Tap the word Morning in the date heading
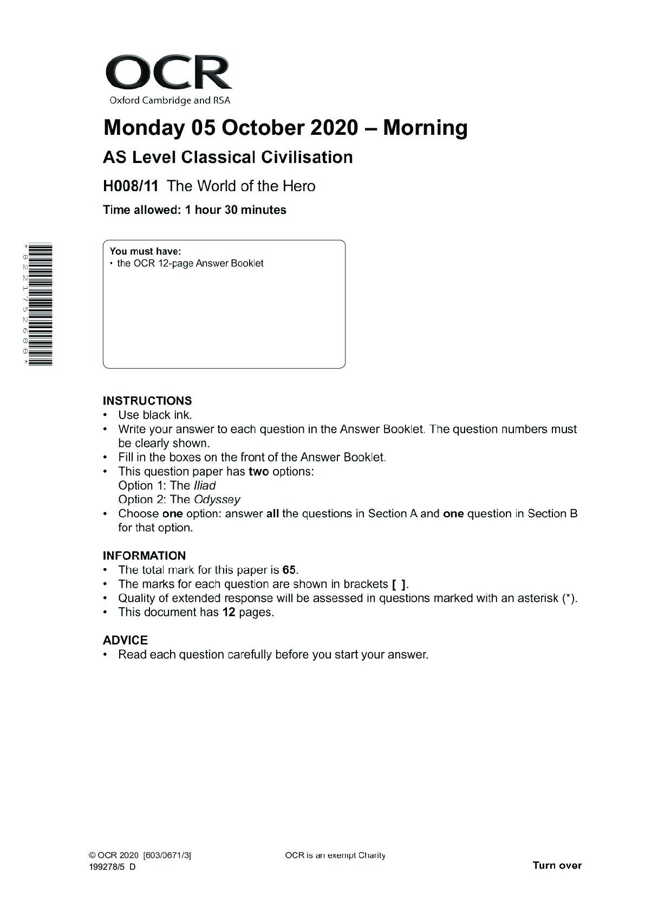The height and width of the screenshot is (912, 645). (425, 128)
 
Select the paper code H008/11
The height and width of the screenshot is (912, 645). (131, 186)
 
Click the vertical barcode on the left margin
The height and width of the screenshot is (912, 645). (40, 304)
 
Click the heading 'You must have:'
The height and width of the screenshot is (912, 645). (145, 251)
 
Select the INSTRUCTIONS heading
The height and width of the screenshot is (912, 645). (147, 401)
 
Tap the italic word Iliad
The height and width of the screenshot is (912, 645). (205, 486)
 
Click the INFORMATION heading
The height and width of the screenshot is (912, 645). (144, 556)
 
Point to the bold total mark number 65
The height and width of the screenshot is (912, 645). (289, 570)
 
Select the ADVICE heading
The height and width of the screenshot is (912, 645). (125, 640)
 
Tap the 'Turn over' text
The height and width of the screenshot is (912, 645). (557, 865)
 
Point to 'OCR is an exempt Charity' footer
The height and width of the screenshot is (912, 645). (335, 856)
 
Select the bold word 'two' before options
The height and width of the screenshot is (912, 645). (259, 472)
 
